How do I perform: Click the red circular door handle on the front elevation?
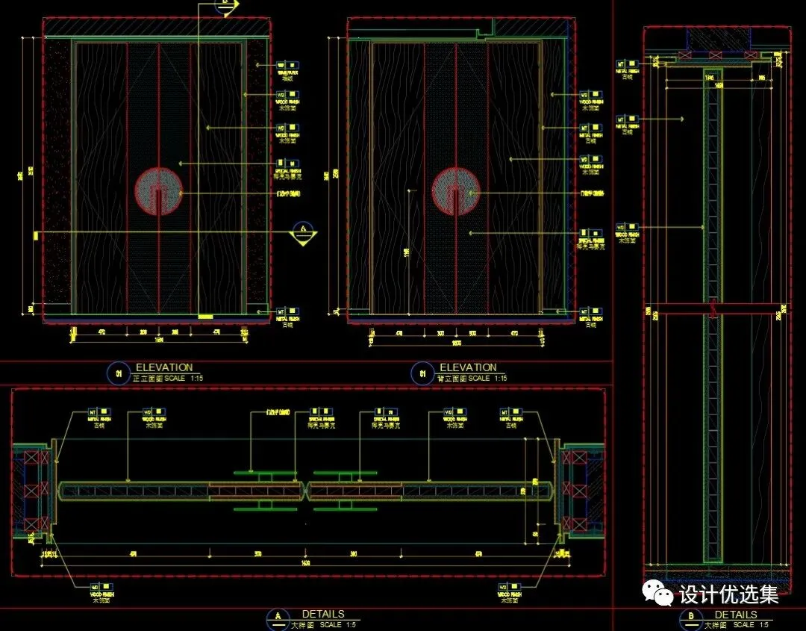click(x=159, y=191)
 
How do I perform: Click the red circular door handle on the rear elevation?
click(x=455, y=190)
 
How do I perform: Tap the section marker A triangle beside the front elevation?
click(x=302, y=234)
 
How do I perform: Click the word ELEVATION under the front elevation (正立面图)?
click(x=163, y=367)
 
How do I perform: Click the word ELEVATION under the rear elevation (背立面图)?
click(x=468, y=367)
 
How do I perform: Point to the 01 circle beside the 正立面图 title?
click(x=119, y=373)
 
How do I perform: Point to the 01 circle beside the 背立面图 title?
click(x=423, y=373)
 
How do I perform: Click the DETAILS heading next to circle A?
click(x=323, y=614)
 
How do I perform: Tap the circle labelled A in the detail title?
click(x=278, y=618)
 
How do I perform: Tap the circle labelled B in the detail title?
click(x=691, y=618)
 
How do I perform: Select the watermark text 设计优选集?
click(x=728, y=594)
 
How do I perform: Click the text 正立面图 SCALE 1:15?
click(x=167, y=379)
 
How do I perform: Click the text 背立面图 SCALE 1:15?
click(x=472, y=379)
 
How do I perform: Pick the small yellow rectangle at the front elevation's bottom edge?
click(x=204, y=317)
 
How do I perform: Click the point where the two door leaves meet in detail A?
click(x=307, y=491)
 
